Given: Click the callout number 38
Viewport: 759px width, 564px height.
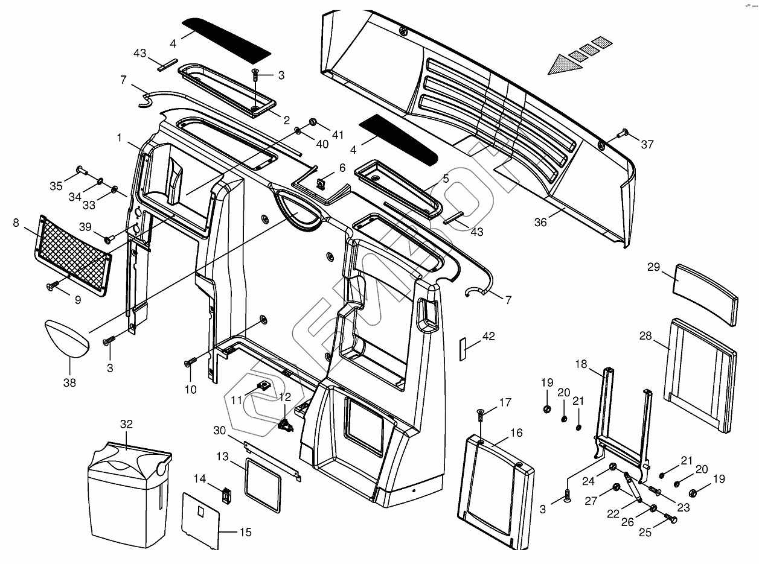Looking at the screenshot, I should click(69, 382).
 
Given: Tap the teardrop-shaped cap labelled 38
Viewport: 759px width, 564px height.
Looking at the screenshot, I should click(66, 338).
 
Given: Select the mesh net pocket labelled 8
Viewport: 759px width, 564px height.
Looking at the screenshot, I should click(74, 254).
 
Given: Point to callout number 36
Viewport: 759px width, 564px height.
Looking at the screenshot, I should click(540, 223).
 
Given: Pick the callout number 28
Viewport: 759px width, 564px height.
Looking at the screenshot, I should click(645, 336).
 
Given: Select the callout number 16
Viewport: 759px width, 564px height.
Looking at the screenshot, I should click(516, 433).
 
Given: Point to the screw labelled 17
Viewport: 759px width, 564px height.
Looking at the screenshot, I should click(481, 414).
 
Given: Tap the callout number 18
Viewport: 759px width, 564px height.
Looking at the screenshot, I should click(581, 364).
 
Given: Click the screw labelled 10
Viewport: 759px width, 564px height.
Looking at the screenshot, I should click(191, 363).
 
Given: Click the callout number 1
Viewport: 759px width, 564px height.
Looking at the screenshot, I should click(120, 138).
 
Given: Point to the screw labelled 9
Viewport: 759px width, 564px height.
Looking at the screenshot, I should click(51, 286).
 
